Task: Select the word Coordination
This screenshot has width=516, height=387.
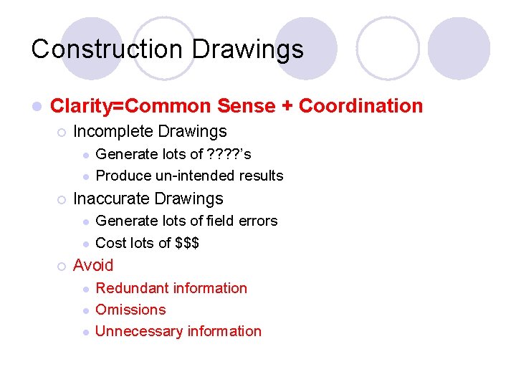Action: (360, 106)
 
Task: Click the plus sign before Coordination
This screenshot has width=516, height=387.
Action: (287, 107)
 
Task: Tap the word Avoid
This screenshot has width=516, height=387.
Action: (93, 265)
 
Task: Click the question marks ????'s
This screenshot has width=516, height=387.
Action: (228, 154)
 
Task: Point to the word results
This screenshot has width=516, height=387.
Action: (259, 176)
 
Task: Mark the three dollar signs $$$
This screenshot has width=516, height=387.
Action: (187, 243)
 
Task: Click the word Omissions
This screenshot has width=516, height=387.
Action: (130, 310)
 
